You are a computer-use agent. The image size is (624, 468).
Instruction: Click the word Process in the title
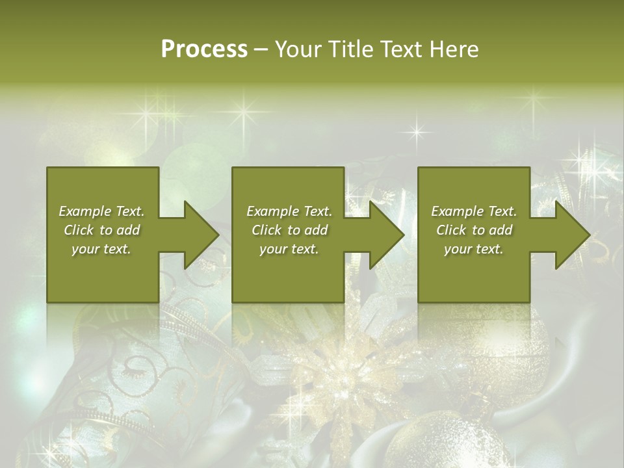click(204, 49)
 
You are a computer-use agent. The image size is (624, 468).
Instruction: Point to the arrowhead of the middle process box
click(385, 235)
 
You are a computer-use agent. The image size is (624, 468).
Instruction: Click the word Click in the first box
click(79, 230)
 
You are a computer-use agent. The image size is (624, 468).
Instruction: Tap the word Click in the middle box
click(266, 230)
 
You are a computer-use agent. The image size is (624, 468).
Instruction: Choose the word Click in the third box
click(451, 230)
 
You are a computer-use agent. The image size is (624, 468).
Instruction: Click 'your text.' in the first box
click(101, 249)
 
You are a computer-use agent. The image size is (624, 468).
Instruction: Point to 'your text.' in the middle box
click(289, 249)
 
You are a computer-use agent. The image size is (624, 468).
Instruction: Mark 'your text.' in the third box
click(474, 249)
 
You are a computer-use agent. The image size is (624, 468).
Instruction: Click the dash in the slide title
click(261, 49)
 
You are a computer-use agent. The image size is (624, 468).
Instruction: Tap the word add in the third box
click(500, 230)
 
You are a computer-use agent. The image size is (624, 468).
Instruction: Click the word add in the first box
click(128, 230)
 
